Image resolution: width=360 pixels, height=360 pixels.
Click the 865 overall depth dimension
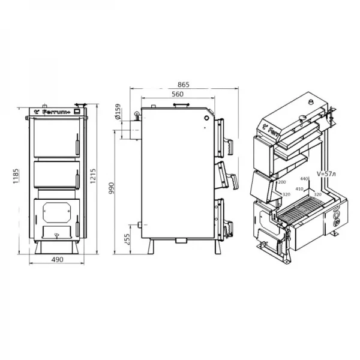[x=184, y=85]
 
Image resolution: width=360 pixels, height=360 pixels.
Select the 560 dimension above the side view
[x=176, y=95]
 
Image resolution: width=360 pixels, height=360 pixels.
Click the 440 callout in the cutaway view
[x=304, y=179]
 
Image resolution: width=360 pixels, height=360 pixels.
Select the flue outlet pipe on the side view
[x=129, y=131]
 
